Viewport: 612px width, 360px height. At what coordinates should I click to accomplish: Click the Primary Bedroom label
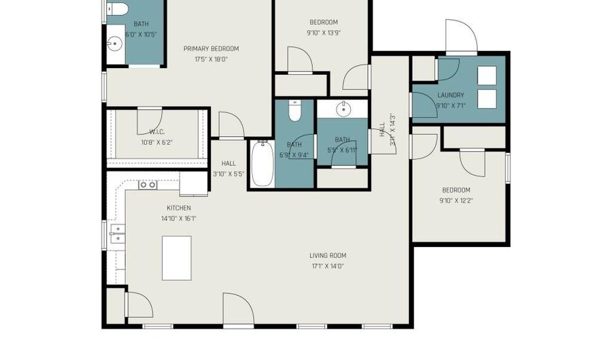211,49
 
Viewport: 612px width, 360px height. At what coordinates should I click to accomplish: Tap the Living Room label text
327,256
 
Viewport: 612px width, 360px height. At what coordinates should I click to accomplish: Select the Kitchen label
179,208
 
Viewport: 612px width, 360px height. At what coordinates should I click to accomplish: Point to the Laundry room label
451,95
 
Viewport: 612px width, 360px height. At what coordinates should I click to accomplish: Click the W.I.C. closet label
157,132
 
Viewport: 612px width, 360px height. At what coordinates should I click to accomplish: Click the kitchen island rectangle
177,258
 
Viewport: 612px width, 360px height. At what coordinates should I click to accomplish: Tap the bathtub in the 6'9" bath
262,163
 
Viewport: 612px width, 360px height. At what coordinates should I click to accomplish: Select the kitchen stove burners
148,184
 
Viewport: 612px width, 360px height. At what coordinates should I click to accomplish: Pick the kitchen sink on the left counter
117,233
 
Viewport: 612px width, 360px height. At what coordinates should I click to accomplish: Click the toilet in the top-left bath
118,8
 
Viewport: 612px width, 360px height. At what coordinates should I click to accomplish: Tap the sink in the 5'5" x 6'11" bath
343,108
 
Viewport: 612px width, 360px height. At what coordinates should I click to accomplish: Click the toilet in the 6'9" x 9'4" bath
294,110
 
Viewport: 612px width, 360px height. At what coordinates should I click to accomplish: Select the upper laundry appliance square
487,75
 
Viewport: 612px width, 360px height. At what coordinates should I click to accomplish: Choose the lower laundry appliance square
487,99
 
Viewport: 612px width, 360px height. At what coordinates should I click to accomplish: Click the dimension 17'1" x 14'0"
327,266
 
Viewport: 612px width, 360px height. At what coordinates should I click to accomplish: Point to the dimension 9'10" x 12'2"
456,201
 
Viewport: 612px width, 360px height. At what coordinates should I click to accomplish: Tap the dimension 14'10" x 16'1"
179,218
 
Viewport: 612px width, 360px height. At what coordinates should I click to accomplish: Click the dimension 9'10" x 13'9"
323,32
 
